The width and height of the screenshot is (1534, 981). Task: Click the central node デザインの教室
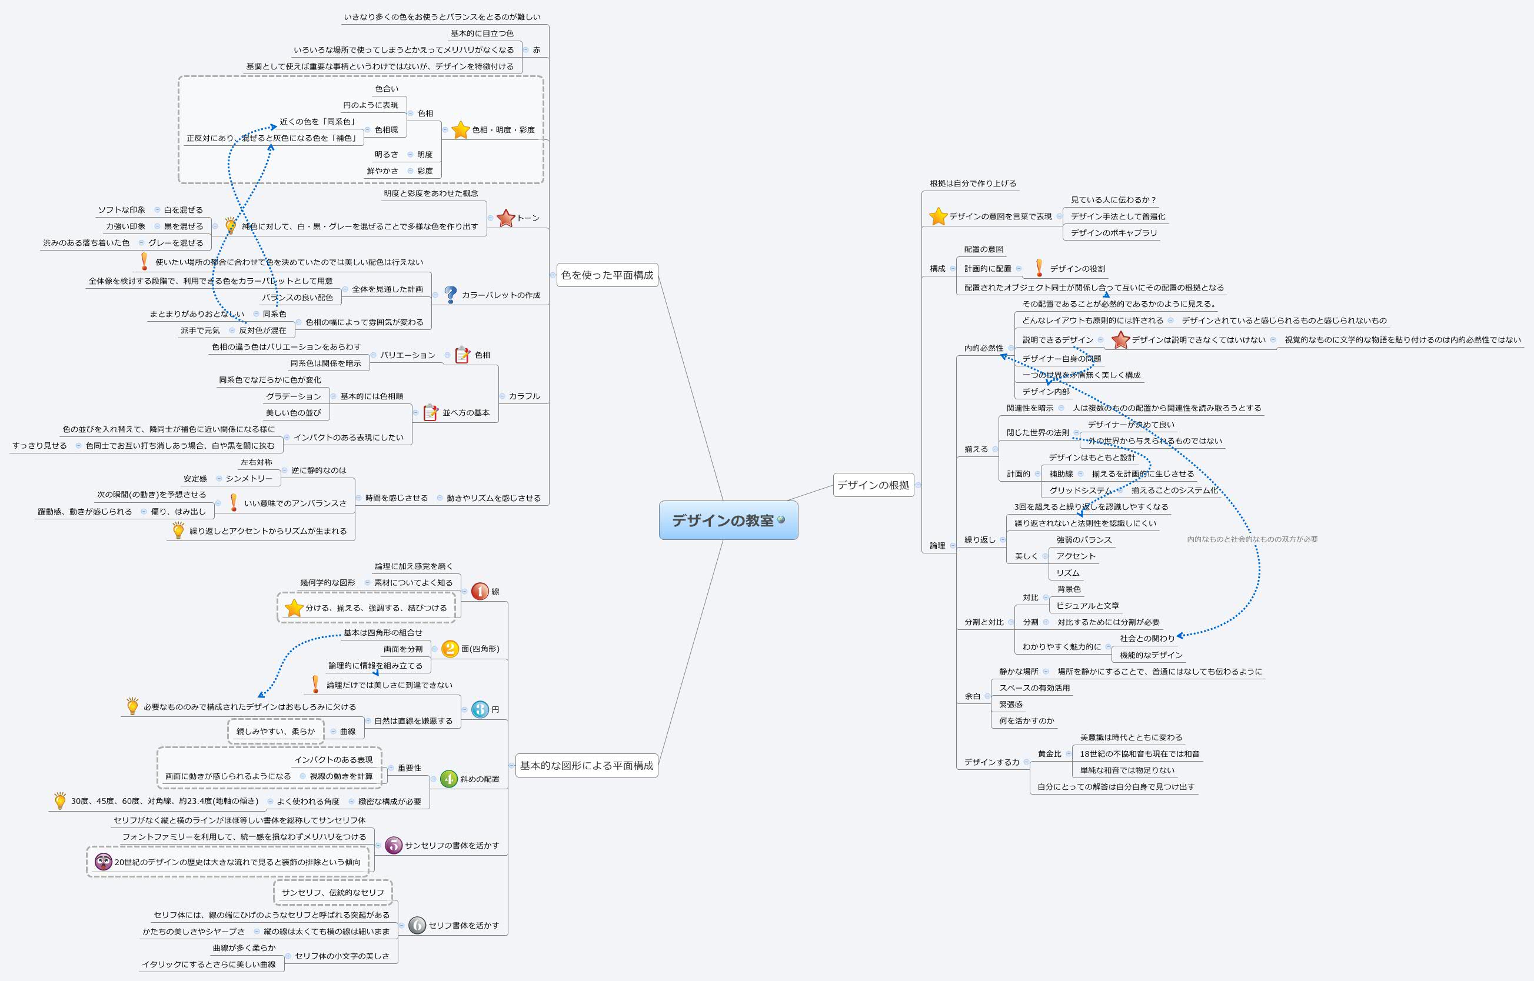click(723, 520)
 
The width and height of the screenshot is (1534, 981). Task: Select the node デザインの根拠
click(873, 485)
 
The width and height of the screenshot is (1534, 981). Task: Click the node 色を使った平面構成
click(607, 275)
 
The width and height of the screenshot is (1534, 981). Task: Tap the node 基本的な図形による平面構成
click(585, 765)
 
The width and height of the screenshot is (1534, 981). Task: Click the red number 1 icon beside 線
click(480, 591)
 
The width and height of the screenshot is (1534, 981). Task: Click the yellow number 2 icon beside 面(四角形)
click(450, 649)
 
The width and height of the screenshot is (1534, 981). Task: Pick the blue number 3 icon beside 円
click(480, 709)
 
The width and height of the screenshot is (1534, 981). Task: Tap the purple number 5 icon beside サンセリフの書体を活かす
click(394, 845)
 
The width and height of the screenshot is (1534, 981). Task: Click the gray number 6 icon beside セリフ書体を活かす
click(417, 925)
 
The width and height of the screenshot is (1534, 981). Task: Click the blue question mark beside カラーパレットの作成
click(451, 294)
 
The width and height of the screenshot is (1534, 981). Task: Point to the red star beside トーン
click(505, 218)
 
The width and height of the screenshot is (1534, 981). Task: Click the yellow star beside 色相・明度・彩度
click(460, 130)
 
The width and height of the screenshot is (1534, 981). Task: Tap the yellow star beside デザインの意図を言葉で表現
click(937, 216)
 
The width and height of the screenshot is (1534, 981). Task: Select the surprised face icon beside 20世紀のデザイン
click(102, 862)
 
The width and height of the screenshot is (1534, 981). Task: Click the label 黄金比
click(1049, 753)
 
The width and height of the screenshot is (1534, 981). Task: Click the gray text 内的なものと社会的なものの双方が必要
click(1252, 539)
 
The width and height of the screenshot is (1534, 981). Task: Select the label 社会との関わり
click(1146, 638)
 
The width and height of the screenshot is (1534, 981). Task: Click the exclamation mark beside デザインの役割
click(1039, 268)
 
